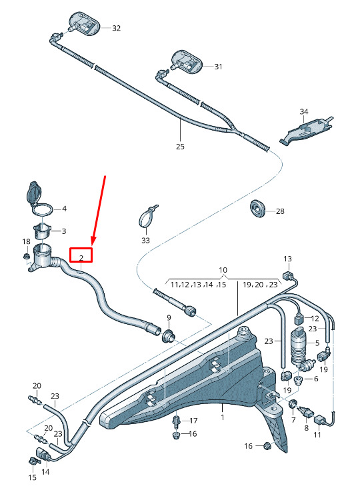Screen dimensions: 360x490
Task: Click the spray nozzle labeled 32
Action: point(83,23)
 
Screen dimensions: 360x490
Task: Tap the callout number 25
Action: point(180,146)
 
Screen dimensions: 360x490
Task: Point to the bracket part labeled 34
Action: point(306,130)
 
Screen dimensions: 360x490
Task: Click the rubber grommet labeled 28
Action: point(258,208)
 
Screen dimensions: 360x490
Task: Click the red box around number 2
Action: point(81,255)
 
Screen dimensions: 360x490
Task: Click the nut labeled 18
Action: point(26,257)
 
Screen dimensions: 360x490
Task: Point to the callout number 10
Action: point(223,270)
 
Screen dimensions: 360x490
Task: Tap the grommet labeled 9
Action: point(167,336)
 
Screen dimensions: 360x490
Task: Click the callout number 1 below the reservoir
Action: point(222,417)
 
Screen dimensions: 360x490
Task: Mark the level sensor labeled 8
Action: point(305,413)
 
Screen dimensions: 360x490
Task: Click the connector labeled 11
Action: point(319,419)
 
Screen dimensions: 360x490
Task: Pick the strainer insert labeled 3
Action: point(42,231)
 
